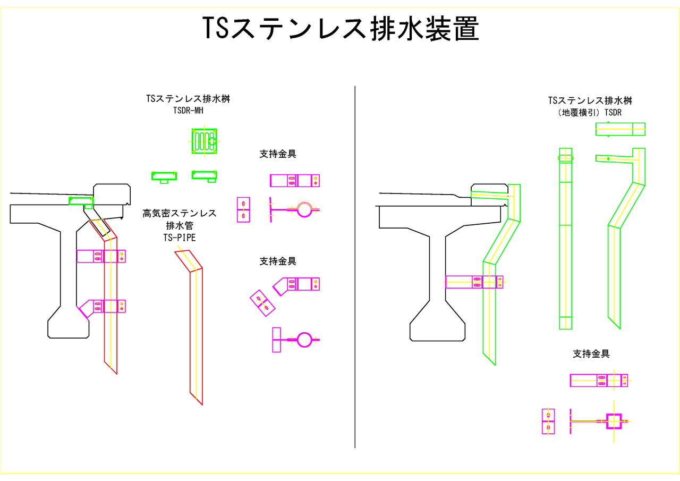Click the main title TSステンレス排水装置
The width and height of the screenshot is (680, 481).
coord(341,29)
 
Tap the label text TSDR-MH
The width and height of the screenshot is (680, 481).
coord(189,111)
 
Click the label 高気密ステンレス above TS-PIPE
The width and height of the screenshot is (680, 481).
coord(180,214)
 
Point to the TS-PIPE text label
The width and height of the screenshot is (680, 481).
coord(180,238)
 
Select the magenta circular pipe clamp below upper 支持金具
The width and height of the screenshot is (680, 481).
coord(304,209)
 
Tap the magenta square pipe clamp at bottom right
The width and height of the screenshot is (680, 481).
coord(614,421)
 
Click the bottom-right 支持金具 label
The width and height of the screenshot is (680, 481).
coord(590,353)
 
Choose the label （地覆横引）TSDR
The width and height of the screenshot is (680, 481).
coord(590,113)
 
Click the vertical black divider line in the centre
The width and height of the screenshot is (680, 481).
coord(355,266)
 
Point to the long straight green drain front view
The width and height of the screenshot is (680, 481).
coord(565,239)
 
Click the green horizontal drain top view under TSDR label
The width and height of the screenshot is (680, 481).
coord(620,129)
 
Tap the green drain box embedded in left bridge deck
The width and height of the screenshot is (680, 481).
coord(81,201)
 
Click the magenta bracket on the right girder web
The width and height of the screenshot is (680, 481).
coord(474,282)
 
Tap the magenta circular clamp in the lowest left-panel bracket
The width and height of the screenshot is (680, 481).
coord(304,339)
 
